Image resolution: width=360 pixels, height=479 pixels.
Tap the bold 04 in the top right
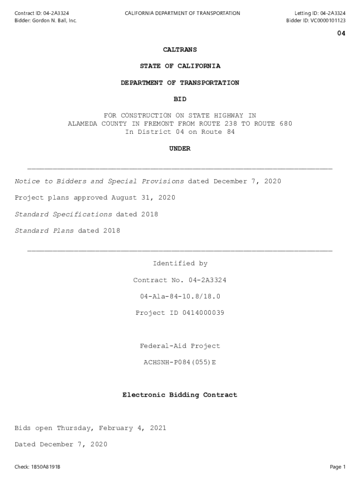pyautogui.click(x=341, y=34)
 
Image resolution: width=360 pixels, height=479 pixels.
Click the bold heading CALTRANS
pyautogui.click(x=180, y=50)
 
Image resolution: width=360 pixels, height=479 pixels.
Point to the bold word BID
pyautogui.click(x=180, y=99)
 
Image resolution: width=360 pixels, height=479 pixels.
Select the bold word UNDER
pyautogui.click(x=180, y=149)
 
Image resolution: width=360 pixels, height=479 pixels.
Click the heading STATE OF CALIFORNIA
pyautogui.click(x=180, y=66)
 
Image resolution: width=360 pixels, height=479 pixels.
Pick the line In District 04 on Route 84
pyautogui.click(x=180, y=132)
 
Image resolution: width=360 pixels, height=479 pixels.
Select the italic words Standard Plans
pyautogui.click(x=44, y=231)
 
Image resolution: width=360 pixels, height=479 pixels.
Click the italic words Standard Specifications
pyautogui.click(x=63, y=214)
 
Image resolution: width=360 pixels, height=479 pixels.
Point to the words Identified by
pyautogui.click(x=180, y=264)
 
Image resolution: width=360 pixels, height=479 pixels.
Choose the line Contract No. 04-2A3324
pyautogui.click(x=180, y=280)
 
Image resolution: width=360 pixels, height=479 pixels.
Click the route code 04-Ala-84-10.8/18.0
pyautogui.click(x=180, y=297)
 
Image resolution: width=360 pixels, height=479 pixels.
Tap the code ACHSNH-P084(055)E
pyautogui.click(x=180, y=363)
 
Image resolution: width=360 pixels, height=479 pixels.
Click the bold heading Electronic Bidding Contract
pyautogui.click(x=180, y=395)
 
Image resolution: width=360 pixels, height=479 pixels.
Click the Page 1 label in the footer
pyautogui.click(x=338, y=467)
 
